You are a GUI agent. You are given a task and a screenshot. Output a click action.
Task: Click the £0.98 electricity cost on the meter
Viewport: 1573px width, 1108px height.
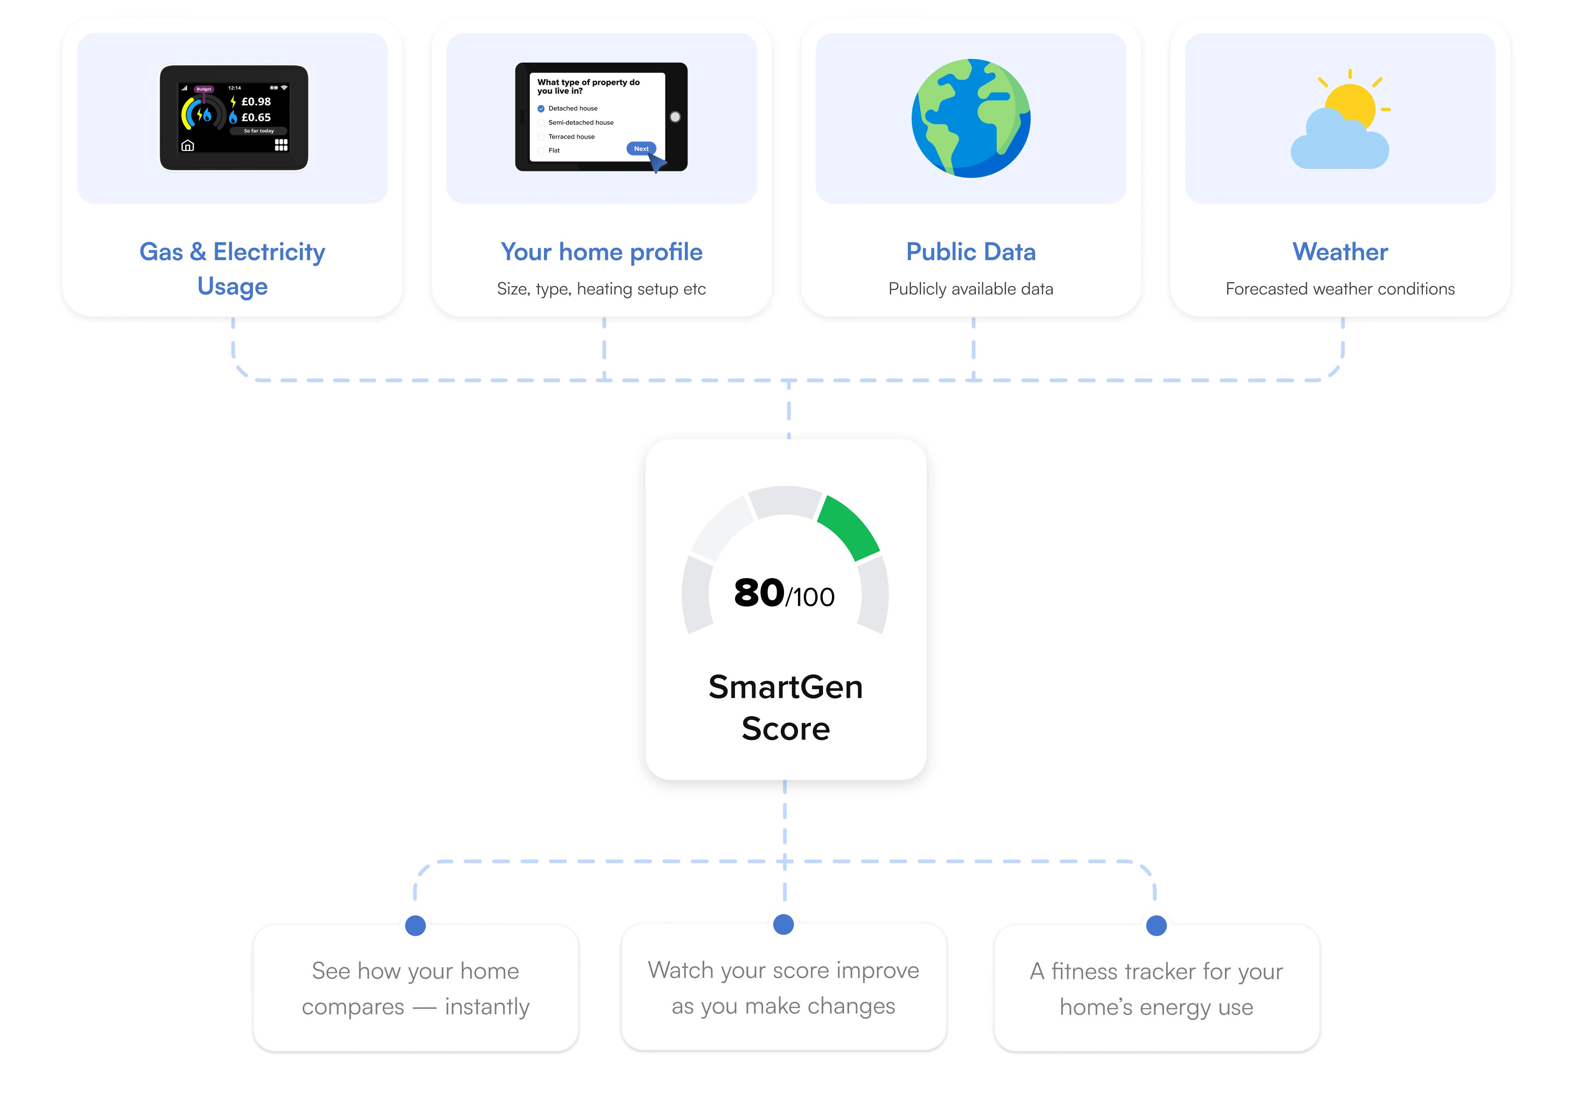click(x=256, y=101)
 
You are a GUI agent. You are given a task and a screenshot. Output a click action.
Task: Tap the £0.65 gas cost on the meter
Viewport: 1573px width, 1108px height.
click(x=256, y=117)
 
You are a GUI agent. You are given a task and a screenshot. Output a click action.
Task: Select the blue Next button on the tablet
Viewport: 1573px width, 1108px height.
click(x=641, y=149)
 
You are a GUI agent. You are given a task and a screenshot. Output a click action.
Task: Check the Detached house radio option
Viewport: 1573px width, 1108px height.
click(x=541, y=108)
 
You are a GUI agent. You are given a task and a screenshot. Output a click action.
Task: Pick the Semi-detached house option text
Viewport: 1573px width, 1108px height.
click(x=581, y=123)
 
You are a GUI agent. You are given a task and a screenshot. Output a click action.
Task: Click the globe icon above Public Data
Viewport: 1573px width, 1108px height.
click(x=971, y=118)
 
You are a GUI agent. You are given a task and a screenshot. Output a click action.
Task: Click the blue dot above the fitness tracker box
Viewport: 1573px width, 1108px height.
click(x=1157, y=926)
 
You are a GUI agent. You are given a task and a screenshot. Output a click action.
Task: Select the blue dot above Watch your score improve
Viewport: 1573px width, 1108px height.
click(x=784, y=924)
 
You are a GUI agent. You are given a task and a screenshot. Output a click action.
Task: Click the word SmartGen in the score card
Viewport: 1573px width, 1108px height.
click(x=786, y=687)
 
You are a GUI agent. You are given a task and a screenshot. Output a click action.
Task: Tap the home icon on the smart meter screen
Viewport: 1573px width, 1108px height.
click(x=188, y=145)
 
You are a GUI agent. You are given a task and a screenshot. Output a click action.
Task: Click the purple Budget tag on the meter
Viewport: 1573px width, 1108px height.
click(x=204, y=89)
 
